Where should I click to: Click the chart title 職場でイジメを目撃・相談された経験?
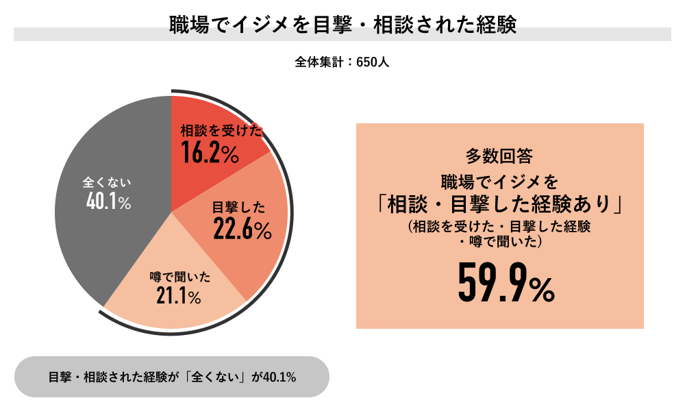click(x=342, y=25)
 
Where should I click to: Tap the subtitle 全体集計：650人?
click(x=342, y=62)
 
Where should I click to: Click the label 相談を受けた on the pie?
click(x=221, y=131)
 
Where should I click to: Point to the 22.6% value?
click(x=242, y=230)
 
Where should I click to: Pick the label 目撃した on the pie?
click(x=238, y=208)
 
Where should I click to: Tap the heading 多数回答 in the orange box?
click(x=499, y=156)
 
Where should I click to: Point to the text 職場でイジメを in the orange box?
click(x=499, y=182)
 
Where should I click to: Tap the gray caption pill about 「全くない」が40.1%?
click(x=171, y=377)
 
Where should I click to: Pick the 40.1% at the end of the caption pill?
click(x=279, y=377)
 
